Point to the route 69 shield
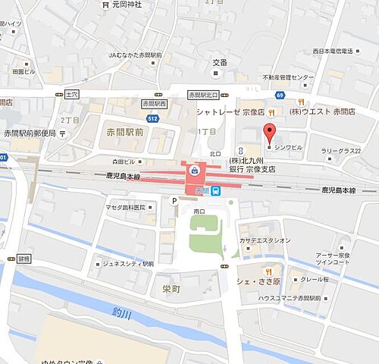coord(280,95)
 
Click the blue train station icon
coord(216,190)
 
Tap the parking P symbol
coord(174,201)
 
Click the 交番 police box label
coord(220,63)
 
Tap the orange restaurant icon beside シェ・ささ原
coord(268,271)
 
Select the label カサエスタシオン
coord(266,240)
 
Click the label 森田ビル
coord(124,162)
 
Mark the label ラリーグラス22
coord(339,151)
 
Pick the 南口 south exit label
coord(199,211)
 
